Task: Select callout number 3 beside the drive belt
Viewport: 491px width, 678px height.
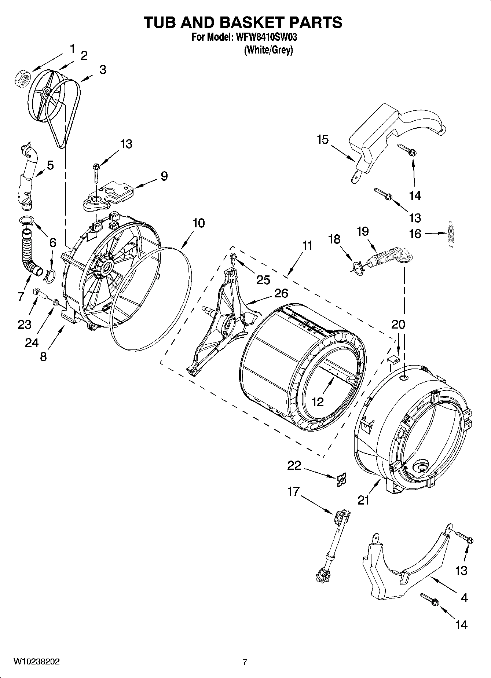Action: point(103,69)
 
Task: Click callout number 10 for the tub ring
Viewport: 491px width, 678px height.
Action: point(198,223)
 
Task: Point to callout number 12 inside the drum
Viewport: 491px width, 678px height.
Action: point(318,402)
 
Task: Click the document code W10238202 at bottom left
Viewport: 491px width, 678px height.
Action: point(36,661)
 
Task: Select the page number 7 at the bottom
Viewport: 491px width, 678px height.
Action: point(245,662)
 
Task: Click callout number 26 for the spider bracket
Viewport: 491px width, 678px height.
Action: point(281,293)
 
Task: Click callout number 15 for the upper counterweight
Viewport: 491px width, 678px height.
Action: point(323,140)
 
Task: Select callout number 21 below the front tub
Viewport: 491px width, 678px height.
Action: point(363,500)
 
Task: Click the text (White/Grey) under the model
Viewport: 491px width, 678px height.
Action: point(268,50)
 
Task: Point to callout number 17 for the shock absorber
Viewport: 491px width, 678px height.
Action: point(293,491)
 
